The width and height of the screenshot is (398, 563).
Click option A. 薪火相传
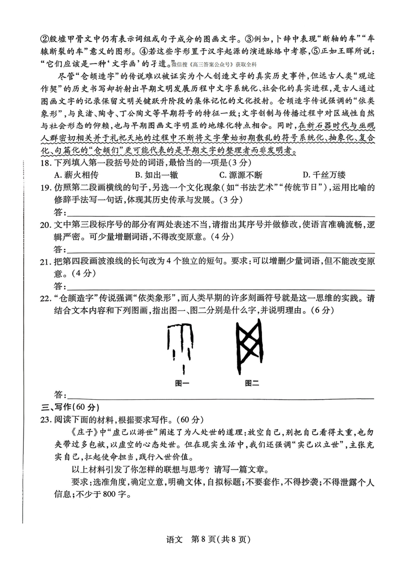[x=76, y=175]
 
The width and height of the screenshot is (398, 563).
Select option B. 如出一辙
[x=156, y=175]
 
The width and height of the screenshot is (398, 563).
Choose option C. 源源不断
[x=241, y=175]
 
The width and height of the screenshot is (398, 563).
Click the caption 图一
[x=182, y=383]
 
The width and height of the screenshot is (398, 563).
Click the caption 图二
[x=252, y=383]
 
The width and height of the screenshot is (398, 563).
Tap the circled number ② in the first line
[x=45, y=39]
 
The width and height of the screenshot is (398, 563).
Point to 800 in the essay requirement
[x=109, y=494]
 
